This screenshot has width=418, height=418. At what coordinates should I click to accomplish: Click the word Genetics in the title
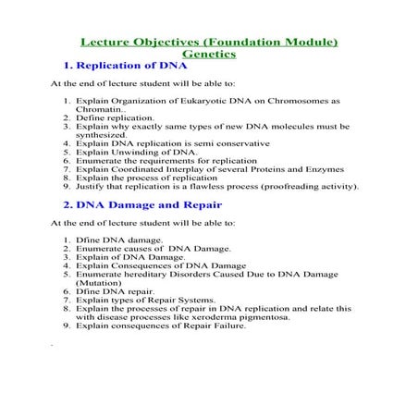[x=209, y=55]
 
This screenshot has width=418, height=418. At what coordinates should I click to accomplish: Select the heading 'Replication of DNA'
[x=132, y=68]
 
